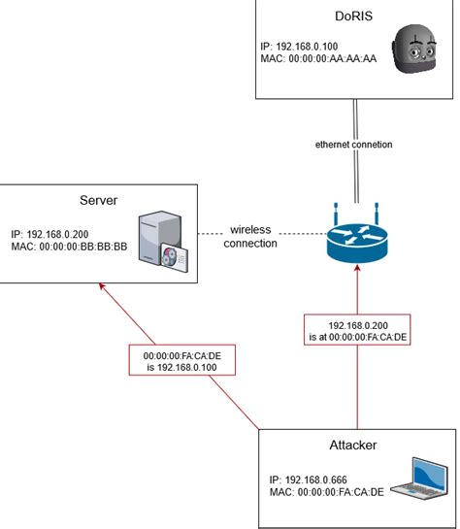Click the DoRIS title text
tap(354, 17)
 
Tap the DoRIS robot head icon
tap(417, 53)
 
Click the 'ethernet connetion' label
tap(354, 144)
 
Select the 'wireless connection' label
tap(249, 236)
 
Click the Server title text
tap(98, 200)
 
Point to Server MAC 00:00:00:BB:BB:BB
tap(69, 247)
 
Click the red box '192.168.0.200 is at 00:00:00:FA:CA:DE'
tap(357, 333)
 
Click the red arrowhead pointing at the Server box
tap(103, 287)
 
